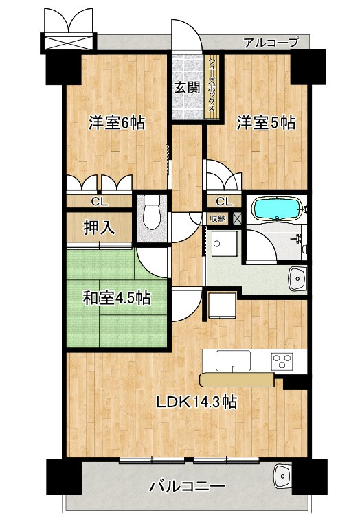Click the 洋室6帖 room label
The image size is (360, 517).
click(x=116, y=124)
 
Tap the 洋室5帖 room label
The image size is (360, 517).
click(x=267, y=124)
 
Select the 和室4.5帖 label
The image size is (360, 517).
click(x=117, y=299)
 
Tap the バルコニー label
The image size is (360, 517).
click(x=187, y=487)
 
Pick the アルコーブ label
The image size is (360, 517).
click(x=271, y=43)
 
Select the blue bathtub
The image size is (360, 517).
click(x=276, y=208)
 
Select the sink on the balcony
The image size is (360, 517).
click(x=281, y=474)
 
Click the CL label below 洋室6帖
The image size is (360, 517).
click(x=100, y=202)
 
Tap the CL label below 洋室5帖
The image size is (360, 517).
click(x=223, y=202)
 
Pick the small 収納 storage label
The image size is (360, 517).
click(x=217, y=218)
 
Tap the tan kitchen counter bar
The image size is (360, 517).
click(x=236, y=379)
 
